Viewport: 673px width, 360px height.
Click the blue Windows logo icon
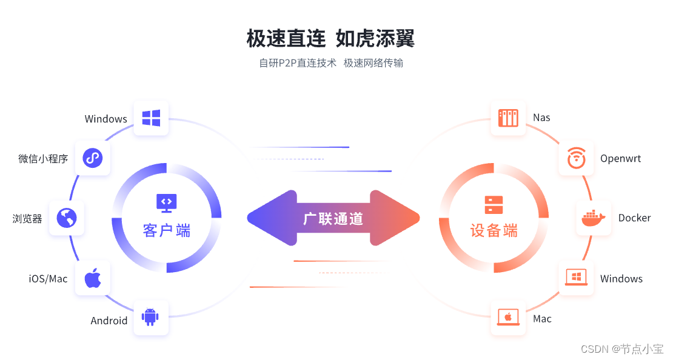[151, 118]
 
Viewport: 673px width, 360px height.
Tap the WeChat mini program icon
[92, 158]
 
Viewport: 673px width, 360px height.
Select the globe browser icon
[67, 218]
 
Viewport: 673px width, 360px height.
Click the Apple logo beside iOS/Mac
[92, 278]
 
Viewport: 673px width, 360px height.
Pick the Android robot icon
[151, 318]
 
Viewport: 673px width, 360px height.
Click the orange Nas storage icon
[508, 118]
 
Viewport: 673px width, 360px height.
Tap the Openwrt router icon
[576, 158]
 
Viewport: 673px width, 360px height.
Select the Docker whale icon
[593, 218]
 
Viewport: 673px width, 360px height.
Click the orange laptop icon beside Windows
[576, 278]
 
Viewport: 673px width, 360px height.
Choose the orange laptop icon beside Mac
[508, 318]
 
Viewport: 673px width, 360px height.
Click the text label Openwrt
[620, 159]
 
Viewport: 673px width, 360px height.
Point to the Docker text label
[634, 218]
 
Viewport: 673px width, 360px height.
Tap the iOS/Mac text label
[49, 279]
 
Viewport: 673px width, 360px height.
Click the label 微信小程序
[43, 159]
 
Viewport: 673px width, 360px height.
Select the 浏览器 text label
[27, 218]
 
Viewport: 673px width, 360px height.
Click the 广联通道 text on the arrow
[333, 219]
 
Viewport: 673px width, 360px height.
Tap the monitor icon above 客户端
[166, 202]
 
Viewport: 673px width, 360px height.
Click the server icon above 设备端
[494, 204]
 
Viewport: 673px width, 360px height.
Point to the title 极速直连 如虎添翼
[330, 39]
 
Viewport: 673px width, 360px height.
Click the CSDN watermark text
[622, 349]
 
